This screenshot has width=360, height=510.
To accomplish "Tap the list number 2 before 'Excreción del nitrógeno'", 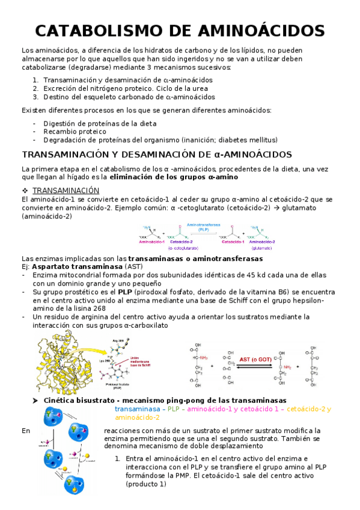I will pos(35,88).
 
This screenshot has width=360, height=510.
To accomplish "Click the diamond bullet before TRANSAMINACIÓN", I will pos(25,190).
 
